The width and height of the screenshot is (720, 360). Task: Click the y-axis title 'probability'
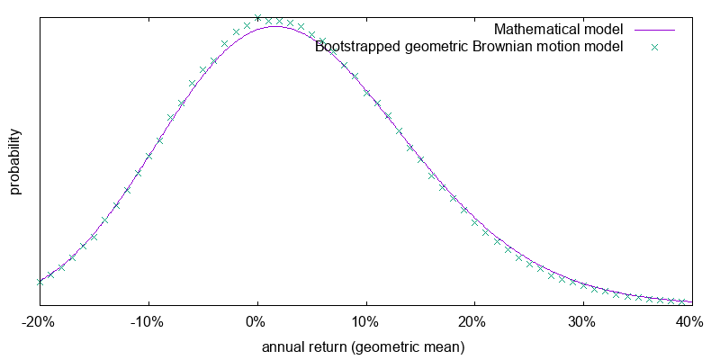[x=15, y=162]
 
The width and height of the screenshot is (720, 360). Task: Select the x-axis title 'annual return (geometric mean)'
[x=363, y=346]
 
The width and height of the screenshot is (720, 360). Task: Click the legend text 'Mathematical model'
[x=559, y=30]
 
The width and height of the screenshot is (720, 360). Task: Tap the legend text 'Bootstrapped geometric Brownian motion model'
[x=469, y=47]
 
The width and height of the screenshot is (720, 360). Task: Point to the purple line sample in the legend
[x=655, y=30]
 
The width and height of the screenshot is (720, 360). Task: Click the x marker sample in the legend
[x=655, y=47]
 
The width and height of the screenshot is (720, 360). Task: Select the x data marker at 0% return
[x=257, y=17]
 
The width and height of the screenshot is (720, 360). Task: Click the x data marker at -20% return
[x=40, y=281]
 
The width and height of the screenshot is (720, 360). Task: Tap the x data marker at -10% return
[x=148, y=156]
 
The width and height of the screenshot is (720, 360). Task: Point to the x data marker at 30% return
[x=583, y=286]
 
